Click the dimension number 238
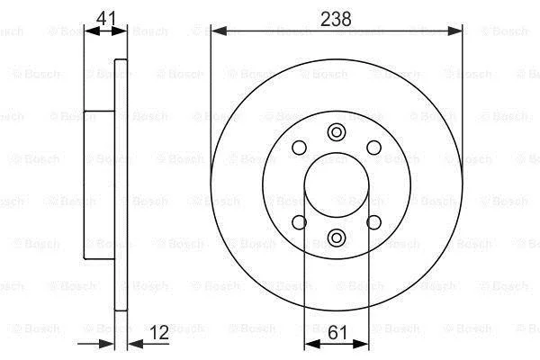tap(336, 19)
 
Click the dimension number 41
tap(106, 18)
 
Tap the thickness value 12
tap(159, 332)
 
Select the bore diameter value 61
tap(337, 333)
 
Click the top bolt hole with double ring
tap(337, 132)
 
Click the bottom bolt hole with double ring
tap(337, 238)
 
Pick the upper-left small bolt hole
tap(299, 148)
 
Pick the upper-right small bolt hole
tap(374, 148)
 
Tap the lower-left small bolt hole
tap(299, 222)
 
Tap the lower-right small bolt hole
tap(374, 222)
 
